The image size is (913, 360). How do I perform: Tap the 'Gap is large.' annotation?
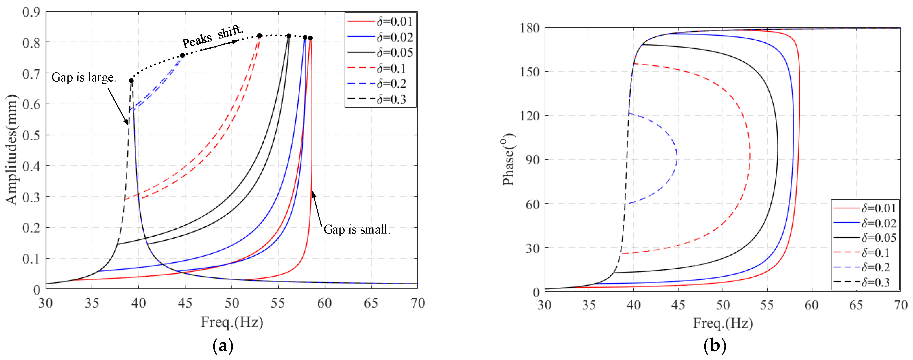[84, 77]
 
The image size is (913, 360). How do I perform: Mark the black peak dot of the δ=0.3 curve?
[131, 81]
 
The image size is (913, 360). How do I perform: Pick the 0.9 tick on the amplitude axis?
[31, 12]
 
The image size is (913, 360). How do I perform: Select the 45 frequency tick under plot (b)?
[678, 305]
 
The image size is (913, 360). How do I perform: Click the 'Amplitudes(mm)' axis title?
[12, 149]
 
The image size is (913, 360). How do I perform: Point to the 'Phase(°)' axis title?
[508, 159]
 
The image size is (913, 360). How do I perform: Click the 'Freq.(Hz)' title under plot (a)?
[232, 322]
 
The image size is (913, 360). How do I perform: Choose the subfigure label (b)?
[715, 346]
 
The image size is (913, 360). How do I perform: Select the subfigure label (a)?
[223, 346]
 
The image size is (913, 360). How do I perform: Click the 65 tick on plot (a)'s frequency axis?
[371, 303]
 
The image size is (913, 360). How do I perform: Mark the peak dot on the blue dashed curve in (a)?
[182, 55]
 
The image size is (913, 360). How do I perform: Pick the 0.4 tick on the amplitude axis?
[31, 166]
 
